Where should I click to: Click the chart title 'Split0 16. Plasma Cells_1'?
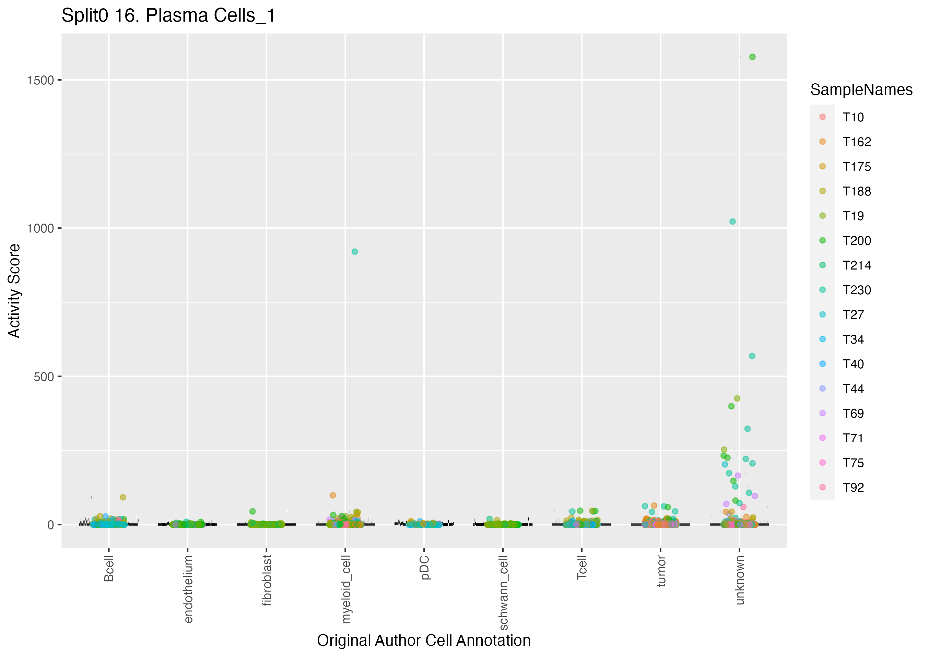point(168,16)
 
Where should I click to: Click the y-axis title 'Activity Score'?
point(14,290)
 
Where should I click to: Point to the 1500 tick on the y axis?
point(40,81)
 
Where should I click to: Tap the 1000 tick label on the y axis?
point(40,229)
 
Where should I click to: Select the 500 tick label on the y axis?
point(44,377)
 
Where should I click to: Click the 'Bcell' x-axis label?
point(109,569)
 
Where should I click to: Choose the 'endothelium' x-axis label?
point(188,589)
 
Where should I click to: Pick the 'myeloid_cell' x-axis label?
point(346,589)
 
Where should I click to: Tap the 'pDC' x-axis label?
point(424,568)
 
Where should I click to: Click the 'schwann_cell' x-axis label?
point(503,592)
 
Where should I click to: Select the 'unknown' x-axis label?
point(740,580)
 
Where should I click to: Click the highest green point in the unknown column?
point(752,57)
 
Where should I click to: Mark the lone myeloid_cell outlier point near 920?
point(355,252)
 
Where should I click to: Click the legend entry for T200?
point(857,241)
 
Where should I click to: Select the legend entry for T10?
point(853,117)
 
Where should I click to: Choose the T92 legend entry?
point(853,488)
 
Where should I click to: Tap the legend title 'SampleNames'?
point(861,90)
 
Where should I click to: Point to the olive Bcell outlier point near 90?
point(123,497)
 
